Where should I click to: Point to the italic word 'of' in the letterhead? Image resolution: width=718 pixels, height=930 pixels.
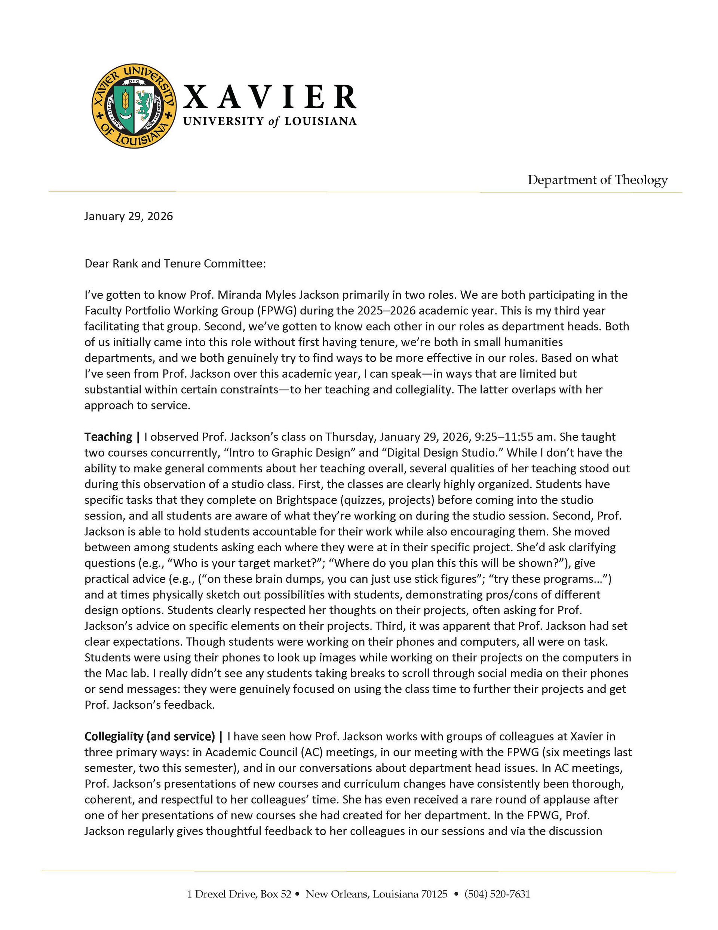click(274, 122)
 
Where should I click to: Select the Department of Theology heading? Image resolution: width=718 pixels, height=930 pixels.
click(597, 180)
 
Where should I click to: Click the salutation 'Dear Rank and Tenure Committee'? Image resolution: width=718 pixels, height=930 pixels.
click(175, 263)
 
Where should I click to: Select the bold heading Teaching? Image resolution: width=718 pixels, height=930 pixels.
click(108, 437)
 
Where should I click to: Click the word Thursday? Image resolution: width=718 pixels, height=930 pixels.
click(350, 437)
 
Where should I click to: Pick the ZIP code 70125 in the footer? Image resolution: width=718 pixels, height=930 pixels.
click(434, 894)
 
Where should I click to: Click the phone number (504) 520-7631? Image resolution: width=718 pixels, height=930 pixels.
click(497, 894)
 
